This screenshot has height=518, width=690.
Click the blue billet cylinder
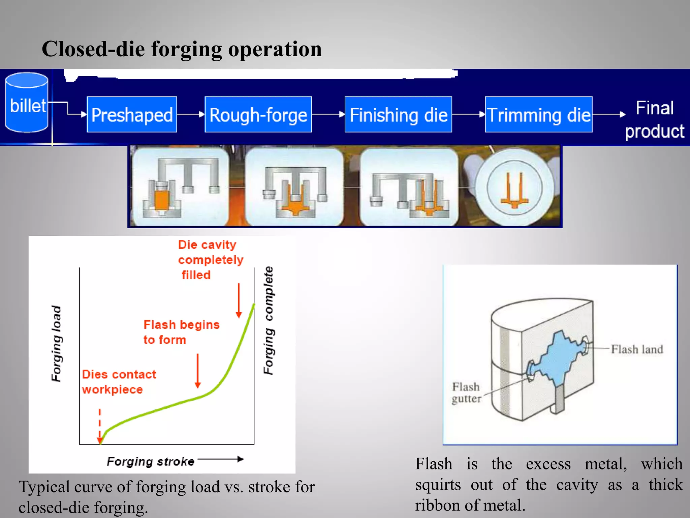(x=27, y=103)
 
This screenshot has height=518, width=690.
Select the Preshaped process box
(x=132, y=115)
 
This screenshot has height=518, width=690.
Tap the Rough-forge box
(x=258, y=115)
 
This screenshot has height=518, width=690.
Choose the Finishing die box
(x=398, y=115)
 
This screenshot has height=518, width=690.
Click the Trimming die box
(x=538, y=115)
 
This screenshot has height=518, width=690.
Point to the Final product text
(x=654, y=120)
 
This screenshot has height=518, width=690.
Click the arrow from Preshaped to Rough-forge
(x=191, y=115)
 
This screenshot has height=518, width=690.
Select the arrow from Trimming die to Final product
(x=608, y=115)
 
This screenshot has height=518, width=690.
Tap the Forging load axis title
(x=56, y=344)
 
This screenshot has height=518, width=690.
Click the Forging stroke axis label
(x=150, y=461)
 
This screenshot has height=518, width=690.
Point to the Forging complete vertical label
(x=269, y=320)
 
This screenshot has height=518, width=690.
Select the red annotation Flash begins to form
(x=181, y=332)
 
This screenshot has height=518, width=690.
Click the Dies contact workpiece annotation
(x=119, y=382)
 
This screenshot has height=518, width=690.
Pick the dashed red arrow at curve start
(x=100, y=427)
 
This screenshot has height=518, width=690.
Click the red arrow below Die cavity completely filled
(x=239, y=300)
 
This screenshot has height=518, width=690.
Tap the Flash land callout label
(x=637, y=349)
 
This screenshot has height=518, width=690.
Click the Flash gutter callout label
(x=466, y=393)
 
